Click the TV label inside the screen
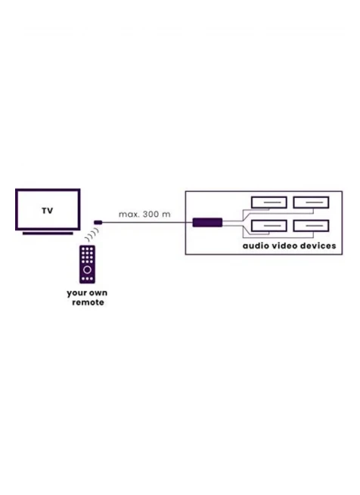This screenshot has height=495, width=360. coord(48,211)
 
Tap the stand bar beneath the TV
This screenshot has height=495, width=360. coord(48,234)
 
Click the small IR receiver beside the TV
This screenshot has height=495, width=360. coord(98,222)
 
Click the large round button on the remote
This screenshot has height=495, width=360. coord(87,270)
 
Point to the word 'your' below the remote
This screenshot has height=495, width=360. coord(75,293)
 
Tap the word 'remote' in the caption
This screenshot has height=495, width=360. coord(88,302)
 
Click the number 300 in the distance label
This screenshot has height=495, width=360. coord(151,214)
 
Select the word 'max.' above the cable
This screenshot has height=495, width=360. coord(129,215)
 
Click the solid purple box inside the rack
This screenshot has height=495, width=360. coord(207,222)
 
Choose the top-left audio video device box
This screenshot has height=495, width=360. coord(269,203)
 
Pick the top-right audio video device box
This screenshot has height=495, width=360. coord(311,203)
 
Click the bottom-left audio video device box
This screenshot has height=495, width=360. coord(269,226)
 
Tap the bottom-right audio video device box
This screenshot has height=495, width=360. coord(311,226)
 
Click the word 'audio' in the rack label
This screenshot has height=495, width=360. coord(256,246)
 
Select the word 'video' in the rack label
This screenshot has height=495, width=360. coord(284,246)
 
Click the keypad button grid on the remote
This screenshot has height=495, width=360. coord(87,255)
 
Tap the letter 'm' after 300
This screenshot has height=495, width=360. coord(166,215)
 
